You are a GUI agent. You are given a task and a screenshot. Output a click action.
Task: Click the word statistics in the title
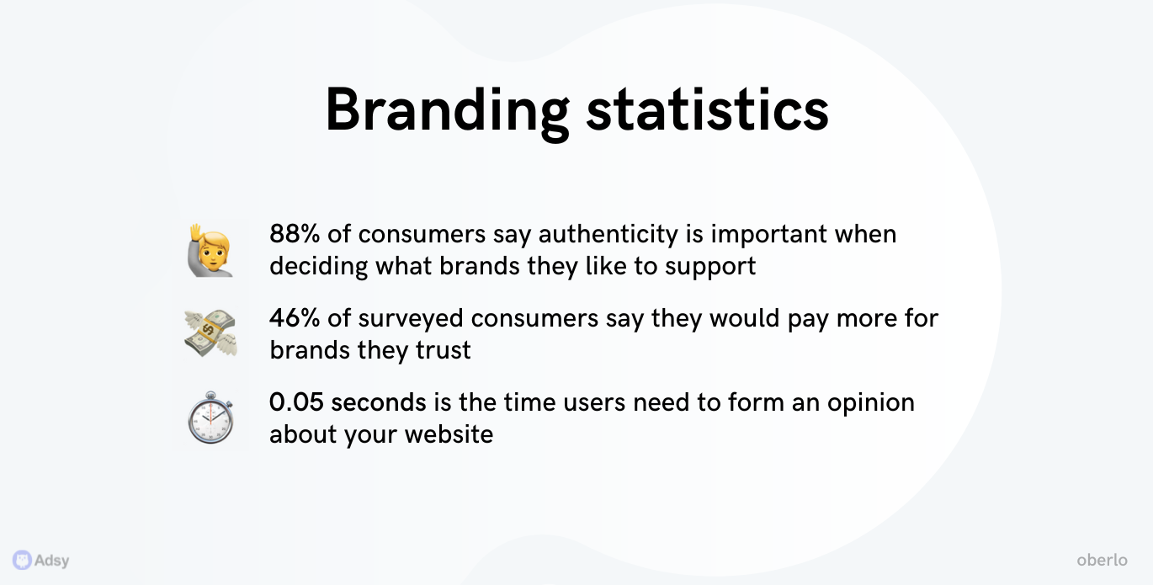708,109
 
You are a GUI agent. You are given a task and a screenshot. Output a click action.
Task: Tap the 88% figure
295,234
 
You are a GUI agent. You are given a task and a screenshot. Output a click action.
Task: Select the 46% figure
295,317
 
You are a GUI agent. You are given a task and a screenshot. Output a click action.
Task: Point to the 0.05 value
296,402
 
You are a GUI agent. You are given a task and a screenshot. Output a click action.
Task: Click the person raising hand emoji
210,250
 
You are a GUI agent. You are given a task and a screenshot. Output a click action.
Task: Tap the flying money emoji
210,333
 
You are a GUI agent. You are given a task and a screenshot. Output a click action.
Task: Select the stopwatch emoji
210,417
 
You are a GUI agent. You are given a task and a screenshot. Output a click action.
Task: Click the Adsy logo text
51,561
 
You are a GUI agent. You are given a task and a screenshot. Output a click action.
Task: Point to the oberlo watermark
1102,560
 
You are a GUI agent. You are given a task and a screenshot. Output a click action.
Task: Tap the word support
710,268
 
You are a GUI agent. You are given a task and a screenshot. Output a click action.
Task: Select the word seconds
379,402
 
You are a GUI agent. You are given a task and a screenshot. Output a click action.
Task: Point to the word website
449,434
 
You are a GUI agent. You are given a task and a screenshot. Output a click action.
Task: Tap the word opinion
871,403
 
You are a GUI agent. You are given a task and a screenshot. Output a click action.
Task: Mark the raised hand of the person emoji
196,233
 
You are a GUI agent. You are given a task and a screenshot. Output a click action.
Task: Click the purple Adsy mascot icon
22,560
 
